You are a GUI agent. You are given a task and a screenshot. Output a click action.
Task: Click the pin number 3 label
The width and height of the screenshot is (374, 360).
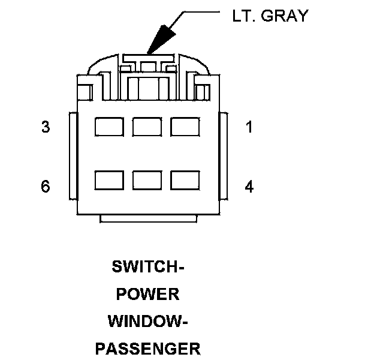tap(46, 127)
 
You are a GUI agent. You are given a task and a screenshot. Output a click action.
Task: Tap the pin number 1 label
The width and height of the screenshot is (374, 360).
tap(249, 127)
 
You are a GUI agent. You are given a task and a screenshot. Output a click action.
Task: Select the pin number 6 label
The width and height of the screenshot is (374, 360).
tap(46, 187)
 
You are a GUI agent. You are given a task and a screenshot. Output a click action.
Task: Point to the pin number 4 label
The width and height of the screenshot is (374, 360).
tap(249, 187)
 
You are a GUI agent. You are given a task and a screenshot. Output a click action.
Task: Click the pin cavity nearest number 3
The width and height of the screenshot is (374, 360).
tap(109, 127)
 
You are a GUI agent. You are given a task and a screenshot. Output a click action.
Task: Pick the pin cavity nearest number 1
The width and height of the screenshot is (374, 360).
tap(185, 127)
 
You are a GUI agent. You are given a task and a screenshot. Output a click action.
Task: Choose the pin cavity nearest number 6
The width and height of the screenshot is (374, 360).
tap(109, 181)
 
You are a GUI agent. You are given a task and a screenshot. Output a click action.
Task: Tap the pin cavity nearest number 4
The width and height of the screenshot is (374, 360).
tap(185, 181)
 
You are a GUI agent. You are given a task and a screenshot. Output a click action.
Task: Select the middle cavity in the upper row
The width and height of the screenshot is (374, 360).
tap(147, 127)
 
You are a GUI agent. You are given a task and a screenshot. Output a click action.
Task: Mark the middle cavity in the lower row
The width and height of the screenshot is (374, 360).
tap(147, 181)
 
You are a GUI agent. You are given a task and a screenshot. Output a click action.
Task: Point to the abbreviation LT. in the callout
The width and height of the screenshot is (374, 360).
tap(243, 16)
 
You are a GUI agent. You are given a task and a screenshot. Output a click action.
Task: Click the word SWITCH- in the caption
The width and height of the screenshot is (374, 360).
tap(147, 267)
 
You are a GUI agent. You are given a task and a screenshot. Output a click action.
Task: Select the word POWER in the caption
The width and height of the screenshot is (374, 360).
tap(147, 294)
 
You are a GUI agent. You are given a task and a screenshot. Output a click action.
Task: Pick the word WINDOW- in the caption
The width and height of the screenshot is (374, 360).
tap(147, 321)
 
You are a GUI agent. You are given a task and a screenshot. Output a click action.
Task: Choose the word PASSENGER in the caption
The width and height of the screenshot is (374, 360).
tap(147, 348)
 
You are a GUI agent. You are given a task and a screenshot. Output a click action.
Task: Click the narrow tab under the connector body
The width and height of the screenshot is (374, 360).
tap(147, 218)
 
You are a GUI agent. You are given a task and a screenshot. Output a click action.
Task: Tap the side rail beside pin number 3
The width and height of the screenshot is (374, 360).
tap(73, 156)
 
